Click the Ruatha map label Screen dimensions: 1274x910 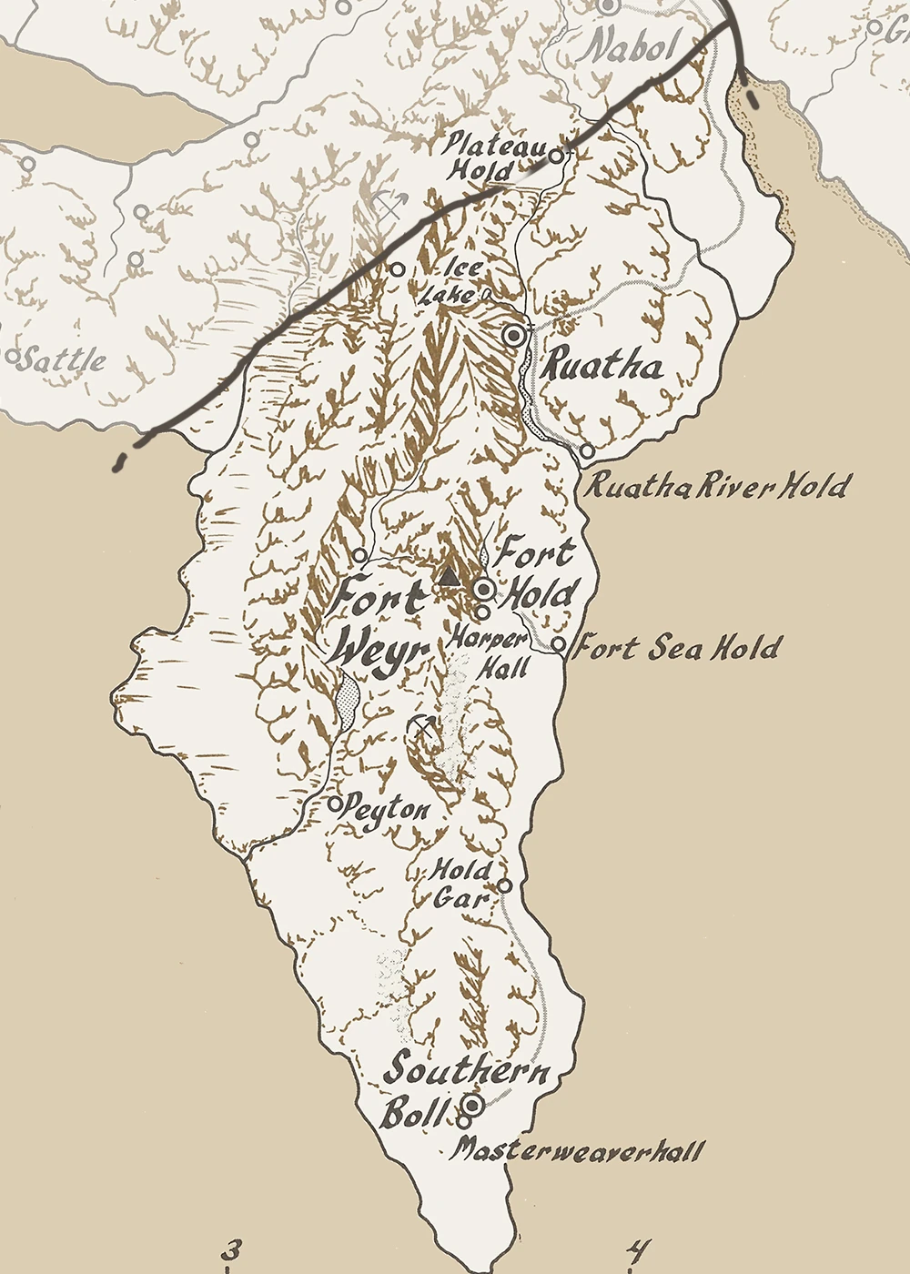point(602,367)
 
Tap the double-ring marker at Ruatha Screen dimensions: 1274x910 point(515,335)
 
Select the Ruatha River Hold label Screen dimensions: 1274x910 point(716,486)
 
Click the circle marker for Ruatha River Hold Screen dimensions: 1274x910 point(587,450)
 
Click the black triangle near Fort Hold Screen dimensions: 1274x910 point(448,576)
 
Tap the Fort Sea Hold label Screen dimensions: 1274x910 point(679,648)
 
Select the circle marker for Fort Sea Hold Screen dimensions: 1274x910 point(560,645)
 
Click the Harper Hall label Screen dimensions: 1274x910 point(490,652)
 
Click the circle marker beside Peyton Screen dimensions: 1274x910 point(335,804)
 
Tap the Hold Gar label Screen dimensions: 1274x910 point(462,884)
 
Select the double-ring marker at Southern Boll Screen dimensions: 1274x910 point(472,1105)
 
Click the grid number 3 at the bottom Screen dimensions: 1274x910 point(232,1250)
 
